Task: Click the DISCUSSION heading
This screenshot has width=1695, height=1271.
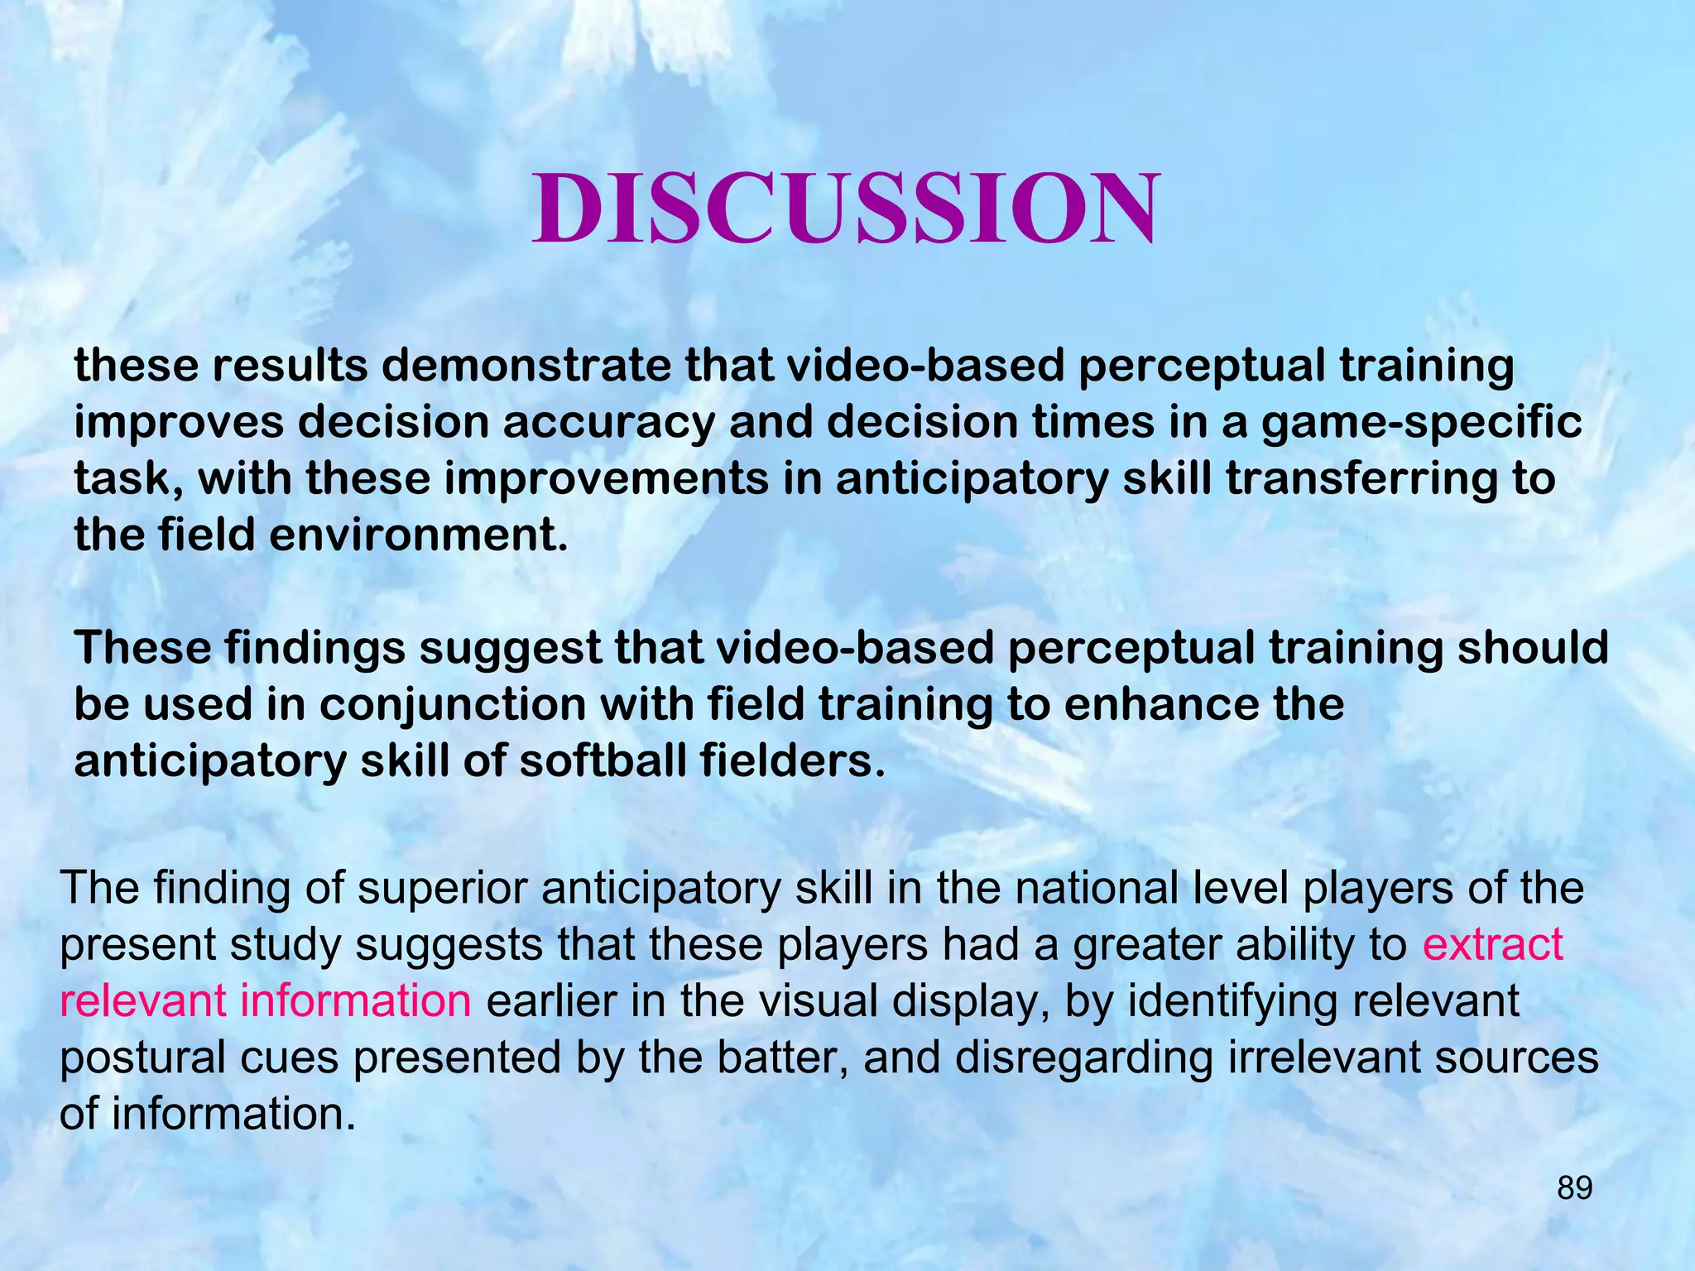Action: coord(845,209)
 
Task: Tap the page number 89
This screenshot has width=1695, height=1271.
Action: coord(1574,1188)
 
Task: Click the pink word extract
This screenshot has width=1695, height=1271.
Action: coord(1492,944)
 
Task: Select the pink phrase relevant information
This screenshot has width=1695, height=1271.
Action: coord(265,1000)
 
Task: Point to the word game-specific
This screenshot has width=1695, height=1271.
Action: coord(1421,423)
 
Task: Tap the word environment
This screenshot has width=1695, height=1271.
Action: coord(418,535)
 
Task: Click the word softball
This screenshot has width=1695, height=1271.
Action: coord(603,761)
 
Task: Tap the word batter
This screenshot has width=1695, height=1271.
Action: coord(782,1058)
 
